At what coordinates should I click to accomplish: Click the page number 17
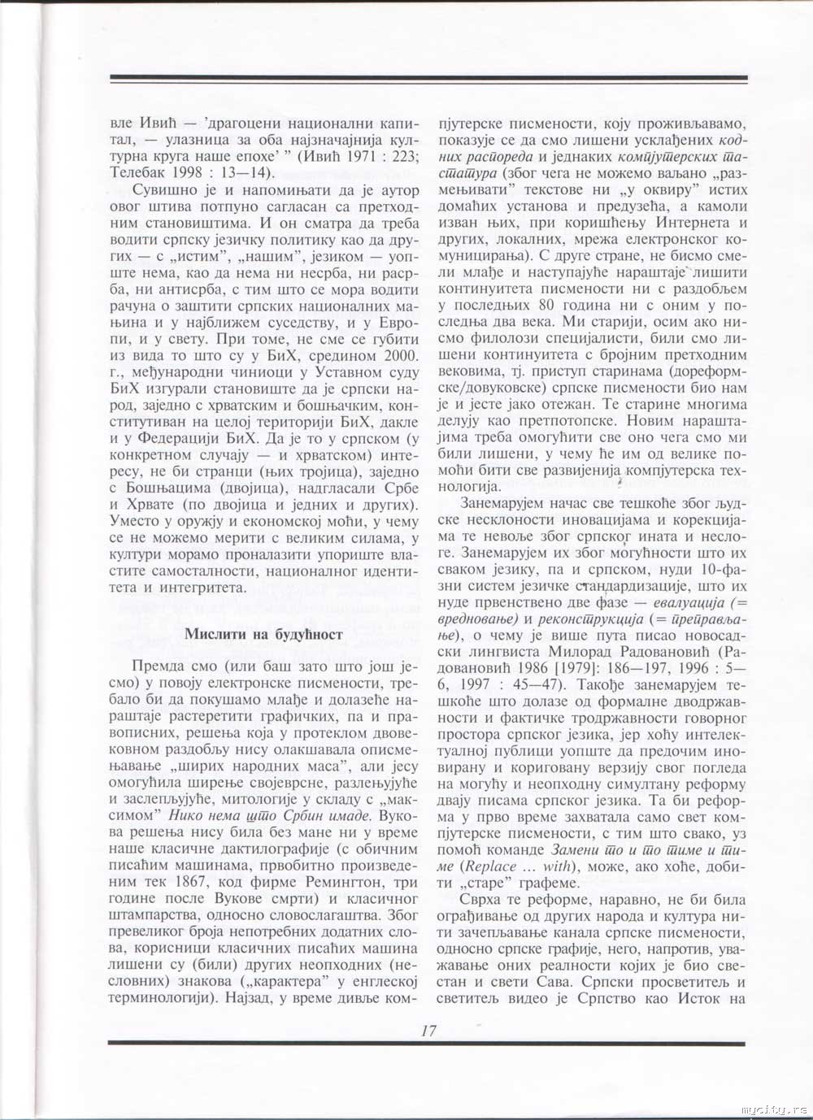pos(428,1031)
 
